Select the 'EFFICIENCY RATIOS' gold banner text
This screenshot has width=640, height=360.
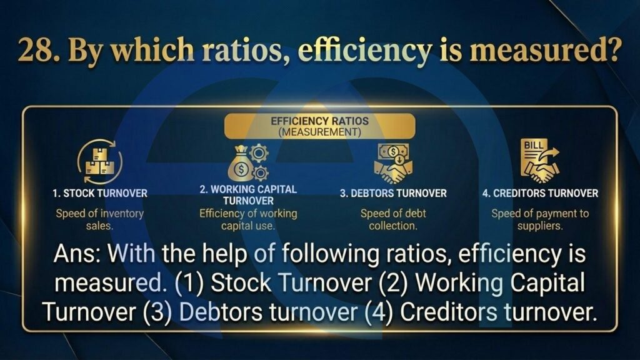pyautogui.click(x=319, y=121)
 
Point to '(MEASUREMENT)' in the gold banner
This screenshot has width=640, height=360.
pyautogui.click(x=319, y=132)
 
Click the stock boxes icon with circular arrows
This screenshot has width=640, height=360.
pyautogui.click(x=99, y=162)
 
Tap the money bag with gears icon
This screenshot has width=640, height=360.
pyautogui.click(x=247, y=163)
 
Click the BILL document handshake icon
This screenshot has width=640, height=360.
pyautogui.click(x=540, y=161)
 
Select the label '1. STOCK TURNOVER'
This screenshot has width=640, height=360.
pyautogui.click(x=99, y=194)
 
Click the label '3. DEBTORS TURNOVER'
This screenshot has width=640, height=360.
pyautogui.click(x=393, y=194)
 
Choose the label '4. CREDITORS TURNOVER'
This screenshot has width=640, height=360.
pyautogui.click(x=540, y=194)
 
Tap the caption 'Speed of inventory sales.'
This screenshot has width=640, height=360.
pyautogui.click(x=99, y=219)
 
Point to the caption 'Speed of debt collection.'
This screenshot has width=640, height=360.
pyautogui.click(x=393, y=219)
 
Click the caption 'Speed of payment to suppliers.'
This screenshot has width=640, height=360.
pyautogui.click(x=540, y=219)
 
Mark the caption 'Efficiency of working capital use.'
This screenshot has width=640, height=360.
pyautogui.click(x=248, y=219)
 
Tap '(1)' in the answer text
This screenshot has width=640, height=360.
pyautogui.click(x=189, y=283)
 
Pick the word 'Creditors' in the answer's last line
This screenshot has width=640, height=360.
pyautogui.click(x=449, y=312)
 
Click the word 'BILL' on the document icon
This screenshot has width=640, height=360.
pyautogui.click(x=534, y=145)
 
